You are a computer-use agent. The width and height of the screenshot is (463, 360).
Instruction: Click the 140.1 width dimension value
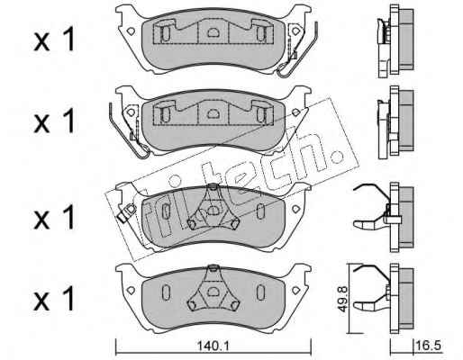[213, 346]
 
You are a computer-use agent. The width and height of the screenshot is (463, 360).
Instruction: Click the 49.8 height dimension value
[343, 299]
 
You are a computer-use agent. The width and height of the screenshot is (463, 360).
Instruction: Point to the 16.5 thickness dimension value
[429, 346]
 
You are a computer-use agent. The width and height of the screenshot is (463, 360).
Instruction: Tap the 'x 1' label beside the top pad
[54, 40]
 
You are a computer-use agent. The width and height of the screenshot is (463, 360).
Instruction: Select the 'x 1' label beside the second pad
[54, 121]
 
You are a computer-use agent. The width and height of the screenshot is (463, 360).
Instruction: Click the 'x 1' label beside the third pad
[54, 218]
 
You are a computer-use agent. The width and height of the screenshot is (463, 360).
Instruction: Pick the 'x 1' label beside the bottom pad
[54, 299]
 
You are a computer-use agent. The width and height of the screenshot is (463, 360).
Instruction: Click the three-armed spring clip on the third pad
[213, 210]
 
